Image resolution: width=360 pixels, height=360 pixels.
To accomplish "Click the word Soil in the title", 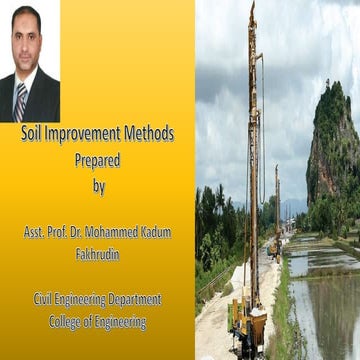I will [x=32, y=133].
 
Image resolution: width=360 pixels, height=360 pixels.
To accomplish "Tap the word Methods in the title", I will [x=147, y=133].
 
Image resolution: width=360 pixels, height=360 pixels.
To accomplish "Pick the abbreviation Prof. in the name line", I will [x=71, y=232].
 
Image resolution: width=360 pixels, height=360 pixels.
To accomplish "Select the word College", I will [x=66, y=322].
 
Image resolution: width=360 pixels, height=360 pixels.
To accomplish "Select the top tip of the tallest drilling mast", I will [x=252, y=5].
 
